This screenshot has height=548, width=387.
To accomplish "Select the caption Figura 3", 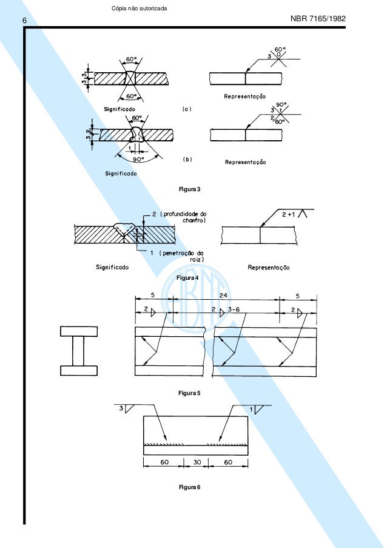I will click(189, 189).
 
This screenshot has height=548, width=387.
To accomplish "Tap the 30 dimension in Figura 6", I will click(195, 462).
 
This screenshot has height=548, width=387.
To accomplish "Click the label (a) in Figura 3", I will click(187, 109).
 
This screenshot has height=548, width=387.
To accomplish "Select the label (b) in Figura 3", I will click(187, 159).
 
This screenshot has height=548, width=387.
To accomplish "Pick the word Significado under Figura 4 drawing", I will click(112, 266).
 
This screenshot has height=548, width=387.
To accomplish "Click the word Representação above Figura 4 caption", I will click(269, 266).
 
